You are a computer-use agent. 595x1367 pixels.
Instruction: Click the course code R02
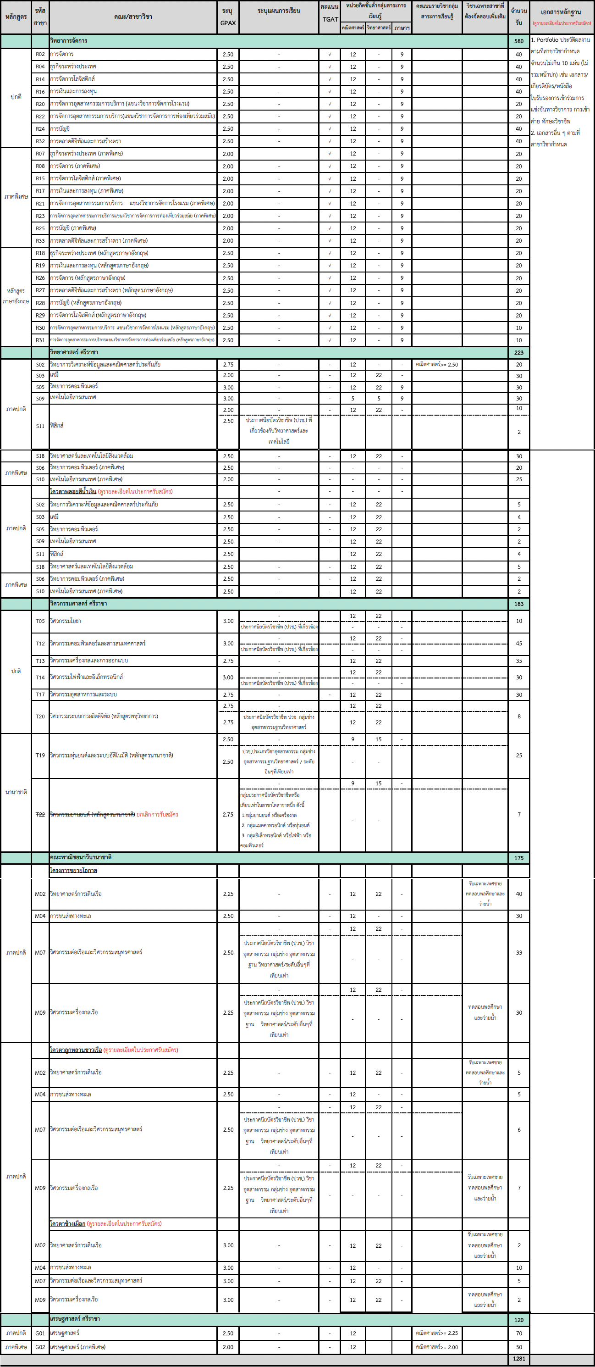tap(40, 54)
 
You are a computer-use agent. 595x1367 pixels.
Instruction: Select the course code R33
tap(40, 241)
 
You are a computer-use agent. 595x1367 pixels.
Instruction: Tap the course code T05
tap(40, 621)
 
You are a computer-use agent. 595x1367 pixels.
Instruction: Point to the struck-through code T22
tap(40, 815)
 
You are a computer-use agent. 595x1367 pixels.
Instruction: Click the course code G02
tap(40, 1347)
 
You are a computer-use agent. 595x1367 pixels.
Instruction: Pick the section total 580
tap(518, 41)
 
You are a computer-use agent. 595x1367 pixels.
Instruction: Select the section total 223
tap(518, 352)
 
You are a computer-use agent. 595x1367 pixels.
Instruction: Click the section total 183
tap(518, 604)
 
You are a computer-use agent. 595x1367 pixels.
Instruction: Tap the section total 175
tap(518, 858)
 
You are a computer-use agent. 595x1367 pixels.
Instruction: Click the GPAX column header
tap(227, 17)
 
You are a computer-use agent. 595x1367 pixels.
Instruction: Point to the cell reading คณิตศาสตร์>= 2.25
tap(437, 1333)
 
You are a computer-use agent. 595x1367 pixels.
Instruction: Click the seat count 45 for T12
tap(518, 644)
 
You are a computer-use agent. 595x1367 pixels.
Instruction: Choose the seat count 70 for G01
tap(518, 1333)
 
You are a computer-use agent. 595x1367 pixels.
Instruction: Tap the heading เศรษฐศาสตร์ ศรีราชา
tap(75, 1319)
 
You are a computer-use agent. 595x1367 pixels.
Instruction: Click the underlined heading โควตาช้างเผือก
tap(67, 1224)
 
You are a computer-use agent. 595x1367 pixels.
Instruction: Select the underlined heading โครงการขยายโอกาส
tap(73, 870)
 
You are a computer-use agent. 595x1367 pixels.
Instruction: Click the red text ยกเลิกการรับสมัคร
tap(158, 815)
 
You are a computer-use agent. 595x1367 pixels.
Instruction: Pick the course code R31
tap(40, 340)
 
